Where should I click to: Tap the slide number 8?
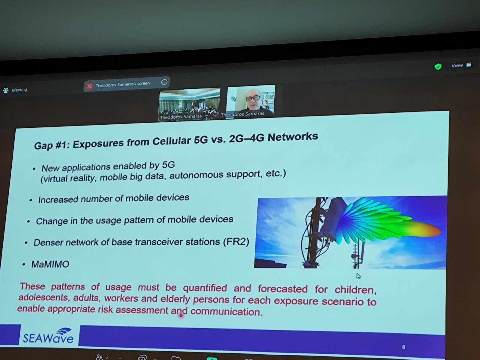point(403,347)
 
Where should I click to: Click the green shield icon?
point(438,67)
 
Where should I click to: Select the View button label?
point(457,65)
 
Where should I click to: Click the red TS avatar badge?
point(89,86)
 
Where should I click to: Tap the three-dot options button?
point(164,82)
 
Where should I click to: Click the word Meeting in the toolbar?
point(19,90)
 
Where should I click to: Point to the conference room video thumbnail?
point(189,104)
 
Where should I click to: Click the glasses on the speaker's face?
point(253,98)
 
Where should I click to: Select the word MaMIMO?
point(50,264)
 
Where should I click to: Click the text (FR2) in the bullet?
point(236,242)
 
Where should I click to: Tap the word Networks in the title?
point(293,137)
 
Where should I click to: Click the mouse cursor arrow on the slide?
point(358,276)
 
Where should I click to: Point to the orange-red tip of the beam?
point(434,231)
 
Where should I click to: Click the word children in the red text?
point(355,290)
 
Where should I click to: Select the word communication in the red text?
point(226,311)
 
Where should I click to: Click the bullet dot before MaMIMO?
point(24,265)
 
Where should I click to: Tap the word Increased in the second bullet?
point(58,200)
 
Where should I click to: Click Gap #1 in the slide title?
point(52,145)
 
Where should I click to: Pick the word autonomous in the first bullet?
point(196,175)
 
